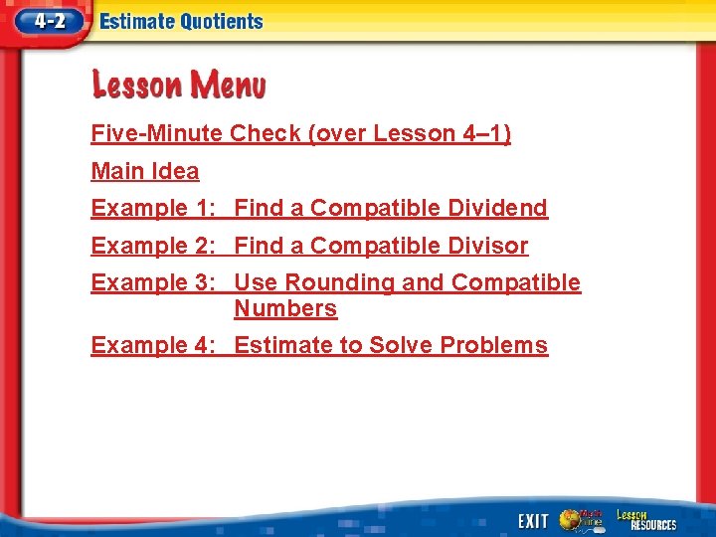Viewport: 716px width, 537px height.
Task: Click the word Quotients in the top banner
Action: [217, 22]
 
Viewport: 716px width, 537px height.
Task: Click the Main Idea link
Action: [145, 171]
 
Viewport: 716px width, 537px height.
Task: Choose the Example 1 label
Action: [154, 208]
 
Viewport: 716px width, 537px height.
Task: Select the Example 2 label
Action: [154, 246]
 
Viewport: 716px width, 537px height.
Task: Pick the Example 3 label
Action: [154, 282]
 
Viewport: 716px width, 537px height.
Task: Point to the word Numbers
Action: [285, 308]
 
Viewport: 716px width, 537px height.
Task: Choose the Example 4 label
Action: [154, 345]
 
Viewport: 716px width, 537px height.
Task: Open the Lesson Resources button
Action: [645, 519]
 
